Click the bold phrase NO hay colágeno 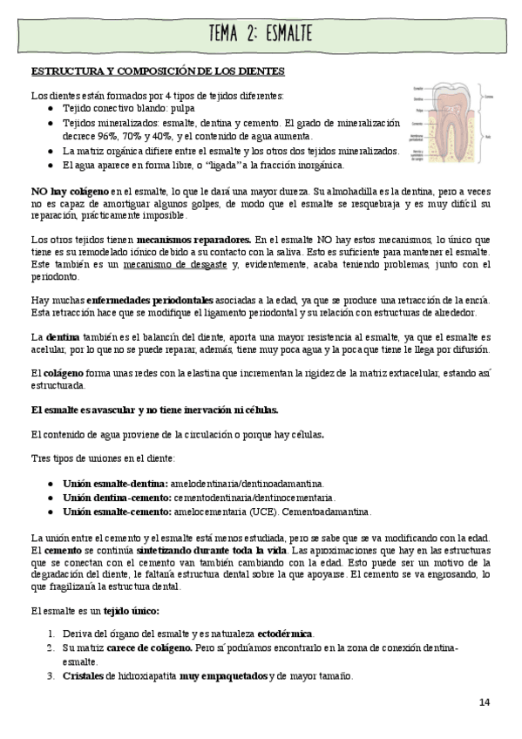click(x=69, y=190)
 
